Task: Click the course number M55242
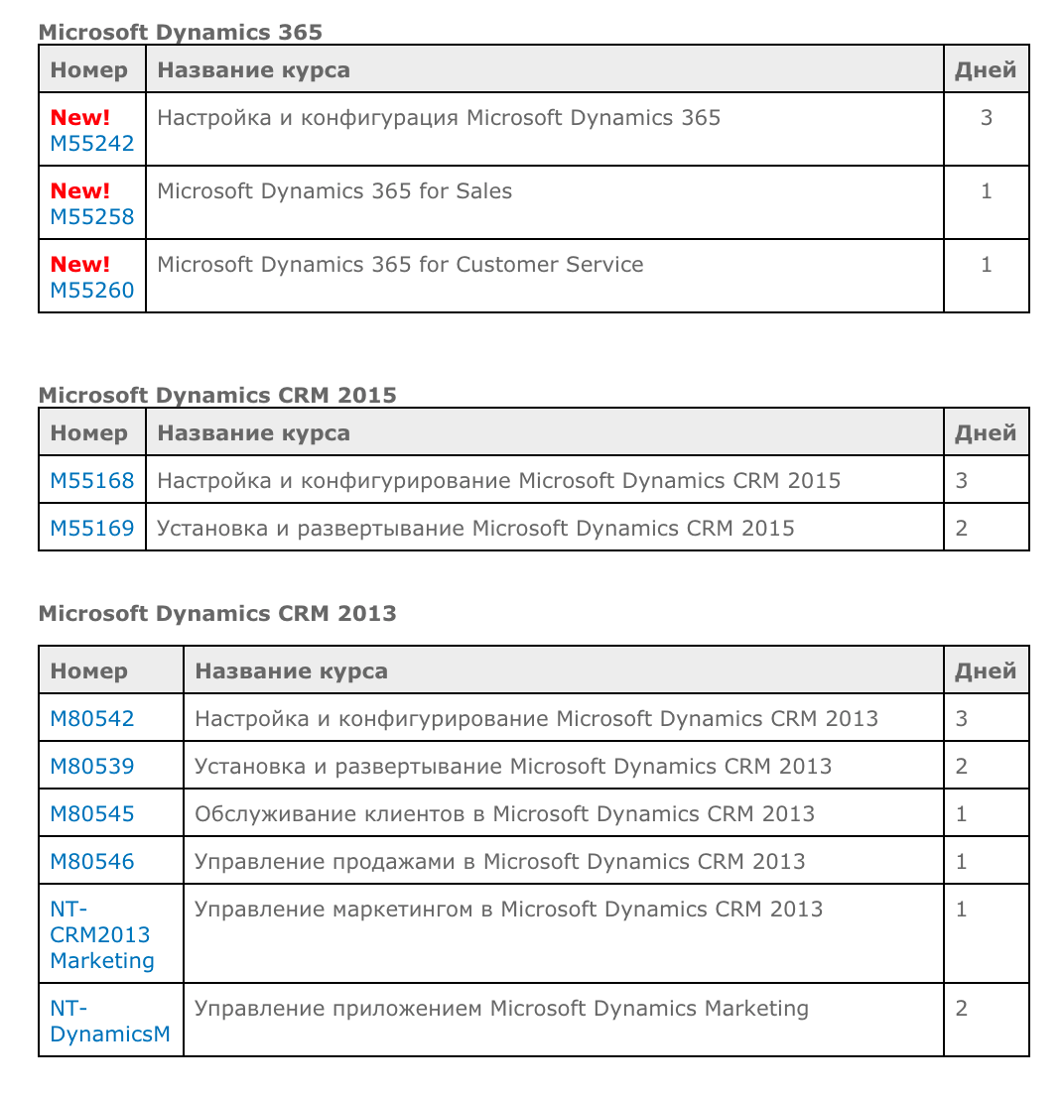click(91, 144)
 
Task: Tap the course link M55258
click(91, 217)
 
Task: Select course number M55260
click(91, 291)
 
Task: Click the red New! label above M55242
click(80, 118)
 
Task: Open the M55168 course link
click(91, 481)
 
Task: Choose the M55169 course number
click(91, 529)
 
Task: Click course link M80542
click(91, 719)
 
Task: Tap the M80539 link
click(91, 767)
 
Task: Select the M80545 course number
click(91, 814)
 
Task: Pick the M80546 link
click(91, 862)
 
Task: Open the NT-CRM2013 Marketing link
click(101, 934)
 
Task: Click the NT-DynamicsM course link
click(109, 1022)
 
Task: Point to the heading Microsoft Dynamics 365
click(180, 32)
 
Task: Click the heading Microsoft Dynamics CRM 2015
click(216, 395)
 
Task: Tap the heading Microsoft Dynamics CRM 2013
click(216, 613)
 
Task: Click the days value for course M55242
click(986, 118)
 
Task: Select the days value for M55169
click(961, 529)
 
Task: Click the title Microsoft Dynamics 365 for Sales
click(334, 191)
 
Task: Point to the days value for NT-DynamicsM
click(961, 1009)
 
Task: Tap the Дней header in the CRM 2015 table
click(985, 433)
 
